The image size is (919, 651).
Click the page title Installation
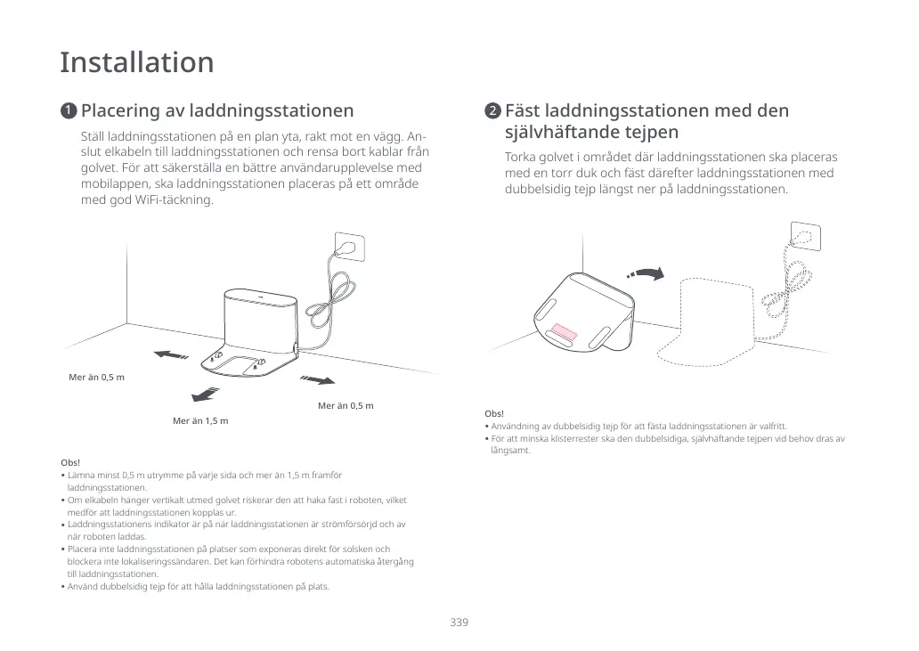click(x=137, y=63)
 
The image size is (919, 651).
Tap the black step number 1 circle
click(x=68, y=111)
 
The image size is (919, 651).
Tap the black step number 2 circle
click(x=492, y=111)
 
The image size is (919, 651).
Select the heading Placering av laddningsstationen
click(x=217, y=111)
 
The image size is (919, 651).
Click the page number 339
click(x=459, y=622)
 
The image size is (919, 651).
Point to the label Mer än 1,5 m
click(x=200, y=420)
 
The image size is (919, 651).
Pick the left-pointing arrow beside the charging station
click(x=170, y=355)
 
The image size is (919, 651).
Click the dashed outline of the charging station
click(x=720, y=321)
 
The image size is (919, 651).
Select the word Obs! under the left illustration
click(x=70, y=463)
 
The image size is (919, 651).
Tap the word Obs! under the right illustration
click(x=494, y=413)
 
